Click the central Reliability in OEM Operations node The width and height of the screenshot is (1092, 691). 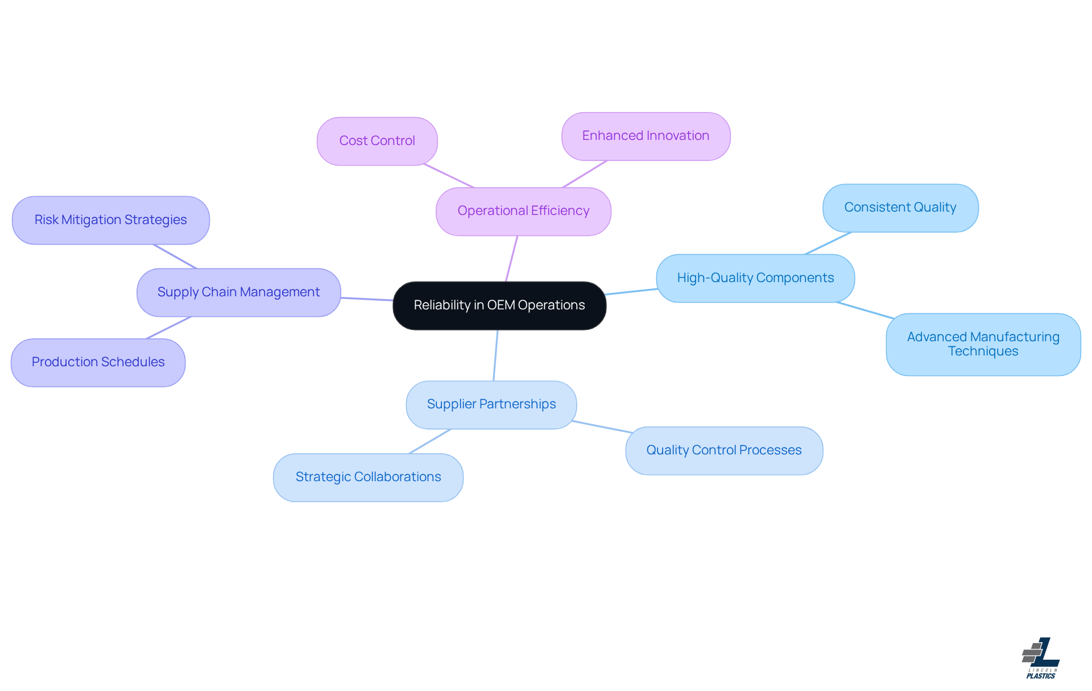(499, 305)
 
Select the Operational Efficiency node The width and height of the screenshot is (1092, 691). (523, 211)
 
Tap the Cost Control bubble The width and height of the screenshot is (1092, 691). (377, 141)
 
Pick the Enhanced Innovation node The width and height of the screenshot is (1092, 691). (646, 136)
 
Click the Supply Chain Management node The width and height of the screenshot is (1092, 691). (238, 292)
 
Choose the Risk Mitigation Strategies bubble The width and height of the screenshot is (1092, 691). (110, 220)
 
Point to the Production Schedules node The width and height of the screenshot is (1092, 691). (98, 362)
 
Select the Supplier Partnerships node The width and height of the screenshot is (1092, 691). (491, 404)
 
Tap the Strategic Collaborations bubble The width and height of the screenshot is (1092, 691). (368, 477)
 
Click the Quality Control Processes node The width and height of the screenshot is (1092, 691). (723, 450)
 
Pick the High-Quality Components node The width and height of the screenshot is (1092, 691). (755, 278)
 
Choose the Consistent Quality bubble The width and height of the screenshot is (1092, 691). (900, 208)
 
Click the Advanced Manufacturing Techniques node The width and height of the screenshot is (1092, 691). (983, 344)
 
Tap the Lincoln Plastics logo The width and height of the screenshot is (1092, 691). (1041, 658)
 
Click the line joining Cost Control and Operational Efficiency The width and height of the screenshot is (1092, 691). (449, 176)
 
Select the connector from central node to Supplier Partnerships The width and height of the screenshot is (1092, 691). (495, 355)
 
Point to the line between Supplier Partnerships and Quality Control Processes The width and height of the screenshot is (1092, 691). (601, 427)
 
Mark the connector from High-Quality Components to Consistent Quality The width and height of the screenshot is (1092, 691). (828, 243)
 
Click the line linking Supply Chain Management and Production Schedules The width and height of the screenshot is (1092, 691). (168, 328)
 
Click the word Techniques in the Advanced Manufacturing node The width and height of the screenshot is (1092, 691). (983, 351)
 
